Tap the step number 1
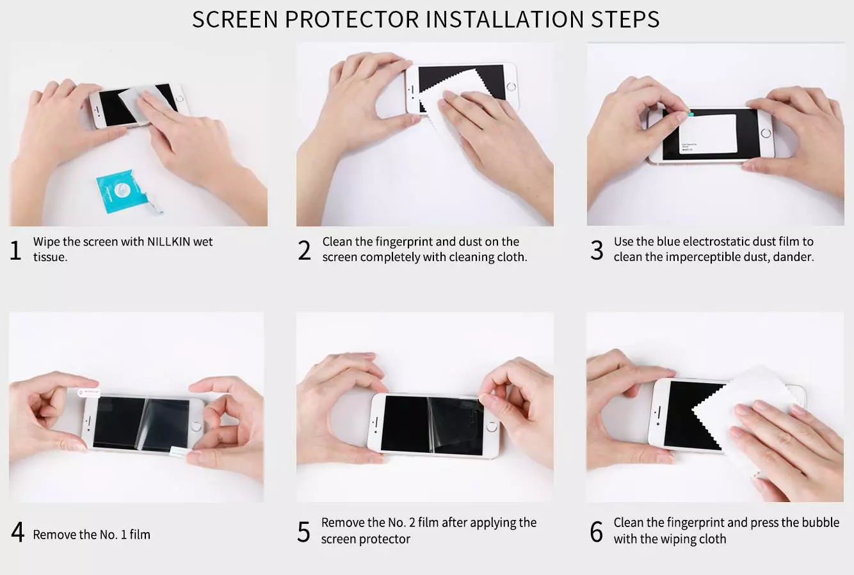[x=16, y=250]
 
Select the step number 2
[x=305, y=250]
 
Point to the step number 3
[x=597, y=250]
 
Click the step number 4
[x=17, y=532]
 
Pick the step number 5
[x=303, y=532]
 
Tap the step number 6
[x=596, y=532]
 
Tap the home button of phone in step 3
[x=766, y=134]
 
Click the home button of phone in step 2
[x=511, y=86]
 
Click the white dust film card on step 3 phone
[x=707, y=134]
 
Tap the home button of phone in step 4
[x=197, y=423]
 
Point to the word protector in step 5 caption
[x=383, y=539]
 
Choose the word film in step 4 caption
[x=140, y=535]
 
